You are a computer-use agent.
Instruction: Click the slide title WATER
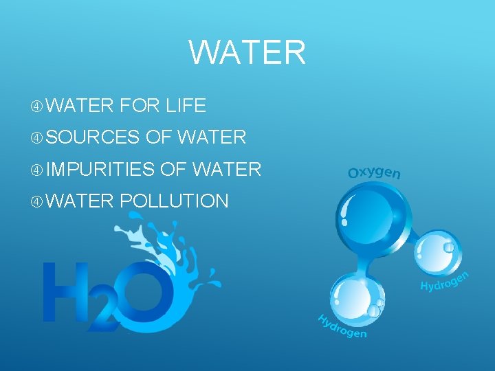click(247, 52)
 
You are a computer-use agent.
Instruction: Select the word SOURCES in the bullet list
click(93, 137)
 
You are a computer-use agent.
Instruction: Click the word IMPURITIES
click(100, 169)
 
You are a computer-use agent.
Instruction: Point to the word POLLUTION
click(174, 201)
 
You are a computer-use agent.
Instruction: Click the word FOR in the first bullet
click(135, 105)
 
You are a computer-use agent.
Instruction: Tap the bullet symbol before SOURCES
click(37, 137)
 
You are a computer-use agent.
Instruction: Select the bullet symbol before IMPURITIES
click(37, 169)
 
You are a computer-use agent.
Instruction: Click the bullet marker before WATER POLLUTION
click(37, 201)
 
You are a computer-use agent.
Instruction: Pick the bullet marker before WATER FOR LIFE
click(37, 106)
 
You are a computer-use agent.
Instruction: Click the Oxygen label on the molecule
click(374, 172)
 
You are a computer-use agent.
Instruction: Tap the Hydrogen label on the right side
click(444, 281)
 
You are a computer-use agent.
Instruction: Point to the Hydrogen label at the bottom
click(342, 326)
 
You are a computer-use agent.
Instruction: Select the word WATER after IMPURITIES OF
click(227, 169)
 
